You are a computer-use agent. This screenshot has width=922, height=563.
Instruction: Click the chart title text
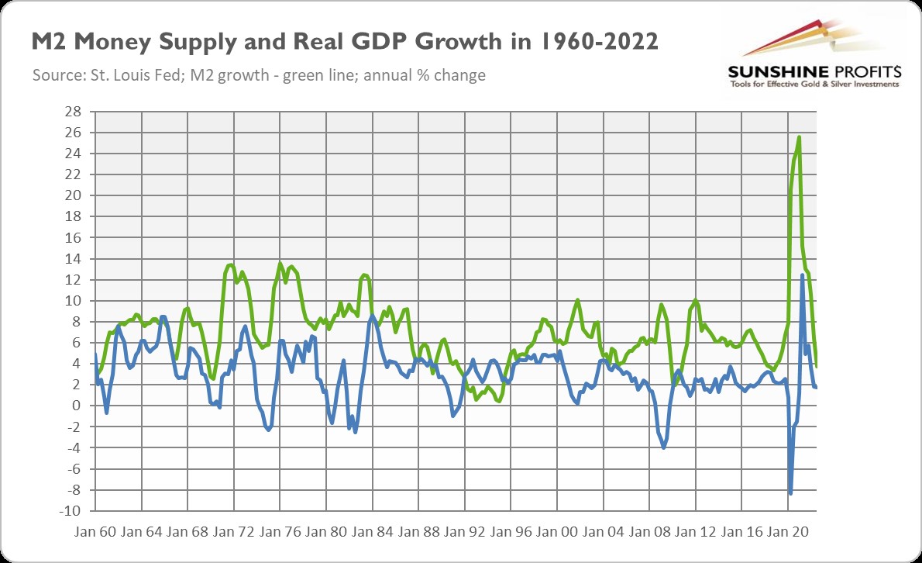[x=345, y=43]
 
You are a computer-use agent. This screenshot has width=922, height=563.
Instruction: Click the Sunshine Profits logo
[x=813, y=54]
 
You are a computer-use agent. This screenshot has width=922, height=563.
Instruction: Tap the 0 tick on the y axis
[x=75, y=406]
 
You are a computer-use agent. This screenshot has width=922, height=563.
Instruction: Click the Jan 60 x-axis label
[x=96, y=534]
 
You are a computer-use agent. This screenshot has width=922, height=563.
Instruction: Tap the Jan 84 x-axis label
[x=373, y=534]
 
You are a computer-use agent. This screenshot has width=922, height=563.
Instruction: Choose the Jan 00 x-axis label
[x=557, y=534]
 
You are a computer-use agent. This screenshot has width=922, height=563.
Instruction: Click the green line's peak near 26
[x=799, y=137]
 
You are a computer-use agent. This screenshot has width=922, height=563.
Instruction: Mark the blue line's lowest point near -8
[x=790, y=493]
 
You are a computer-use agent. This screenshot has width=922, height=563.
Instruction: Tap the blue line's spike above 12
[x=802, y=275]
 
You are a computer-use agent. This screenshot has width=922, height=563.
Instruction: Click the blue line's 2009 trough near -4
[x=664, y=447]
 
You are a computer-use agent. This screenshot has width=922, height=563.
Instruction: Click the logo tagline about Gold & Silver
[x=814, y=84]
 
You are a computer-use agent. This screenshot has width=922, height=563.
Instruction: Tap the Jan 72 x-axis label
[x=235, y=534]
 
